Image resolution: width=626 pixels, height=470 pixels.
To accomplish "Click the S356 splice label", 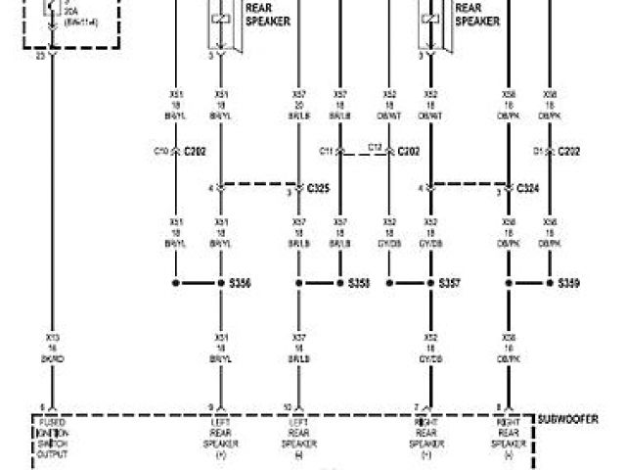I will (x=240, y=283).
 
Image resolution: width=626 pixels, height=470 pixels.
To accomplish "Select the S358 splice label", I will (x=359, y=283).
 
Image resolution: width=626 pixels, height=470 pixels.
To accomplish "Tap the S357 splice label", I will (x=450, y=283).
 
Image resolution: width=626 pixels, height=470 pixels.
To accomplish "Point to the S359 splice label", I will (x=568, y=283).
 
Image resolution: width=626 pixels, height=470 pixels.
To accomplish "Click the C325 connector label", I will (x=319, y=187).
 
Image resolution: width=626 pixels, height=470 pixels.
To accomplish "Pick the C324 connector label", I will (x=527, y=187).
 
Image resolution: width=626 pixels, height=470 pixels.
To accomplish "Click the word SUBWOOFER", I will (x=568, y=419).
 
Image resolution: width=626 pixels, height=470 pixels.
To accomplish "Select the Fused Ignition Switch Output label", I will (x=53, y=440).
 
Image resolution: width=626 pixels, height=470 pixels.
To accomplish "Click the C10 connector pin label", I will (x=161, y=152).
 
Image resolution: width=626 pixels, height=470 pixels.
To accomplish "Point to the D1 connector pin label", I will (x=537, y=152).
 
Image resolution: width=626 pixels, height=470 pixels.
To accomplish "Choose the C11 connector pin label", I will (x=327, y=152).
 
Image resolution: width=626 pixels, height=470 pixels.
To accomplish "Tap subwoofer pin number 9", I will (x=209, y=406).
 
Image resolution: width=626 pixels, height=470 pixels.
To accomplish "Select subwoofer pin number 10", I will (x=288, y=406).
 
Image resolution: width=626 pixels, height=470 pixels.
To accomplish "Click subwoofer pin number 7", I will (x=418, y=406).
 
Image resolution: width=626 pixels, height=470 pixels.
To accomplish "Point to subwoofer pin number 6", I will (x=42, y=406).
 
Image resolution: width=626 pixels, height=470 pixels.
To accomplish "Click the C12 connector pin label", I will (x=374, y=147).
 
